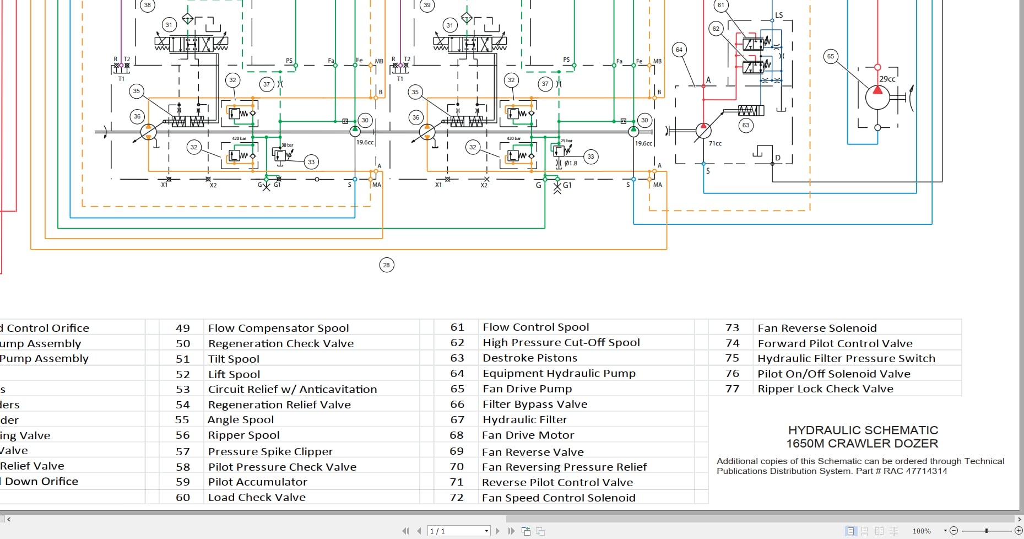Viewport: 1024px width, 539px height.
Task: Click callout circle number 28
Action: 387,265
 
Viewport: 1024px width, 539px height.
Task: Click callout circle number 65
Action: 831,56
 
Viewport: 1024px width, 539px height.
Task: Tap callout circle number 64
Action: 679,50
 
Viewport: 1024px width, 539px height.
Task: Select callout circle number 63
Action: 745,125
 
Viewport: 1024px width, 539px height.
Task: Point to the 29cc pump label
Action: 887,79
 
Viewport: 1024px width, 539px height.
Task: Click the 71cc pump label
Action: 715,143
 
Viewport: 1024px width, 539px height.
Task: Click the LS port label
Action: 779,15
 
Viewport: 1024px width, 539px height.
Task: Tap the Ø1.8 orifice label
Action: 571,163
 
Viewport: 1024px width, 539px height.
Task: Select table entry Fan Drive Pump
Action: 527,389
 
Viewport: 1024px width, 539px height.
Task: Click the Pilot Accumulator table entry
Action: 257,482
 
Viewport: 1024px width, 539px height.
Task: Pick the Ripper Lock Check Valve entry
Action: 825,389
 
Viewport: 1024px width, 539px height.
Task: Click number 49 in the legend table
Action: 183,328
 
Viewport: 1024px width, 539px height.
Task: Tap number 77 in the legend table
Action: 732,389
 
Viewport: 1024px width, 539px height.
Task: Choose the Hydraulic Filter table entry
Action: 524,420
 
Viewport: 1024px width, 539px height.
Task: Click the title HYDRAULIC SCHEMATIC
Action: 863,430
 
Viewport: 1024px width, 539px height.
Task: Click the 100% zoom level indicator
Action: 922,531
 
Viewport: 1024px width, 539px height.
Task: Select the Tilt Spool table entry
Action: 234,359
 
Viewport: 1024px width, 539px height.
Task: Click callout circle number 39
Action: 427,5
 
